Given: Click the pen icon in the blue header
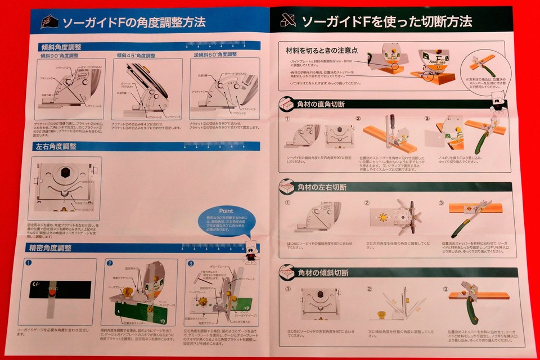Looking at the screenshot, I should (49, 21).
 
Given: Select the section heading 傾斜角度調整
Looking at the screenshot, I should (61, 47).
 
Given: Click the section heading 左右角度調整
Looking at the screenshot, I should (56, 147).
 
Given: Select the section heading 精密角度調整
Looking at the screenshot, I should (56, 248).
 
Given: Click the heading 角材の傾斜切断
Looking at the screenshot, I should (322, 273).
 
